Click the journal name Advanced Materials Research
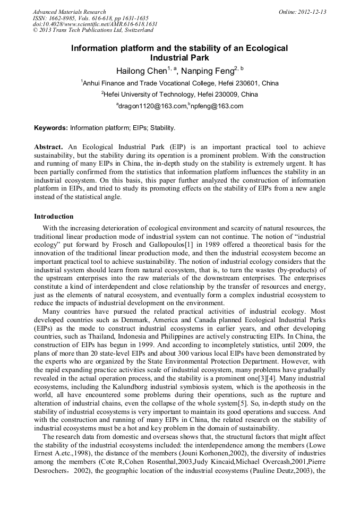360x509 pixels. (69, 12)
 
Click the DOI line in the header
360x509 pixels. (95, 24)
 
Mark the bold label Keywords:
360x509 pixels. (51, 128)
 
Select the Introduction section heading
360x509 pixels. (54, 217)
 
